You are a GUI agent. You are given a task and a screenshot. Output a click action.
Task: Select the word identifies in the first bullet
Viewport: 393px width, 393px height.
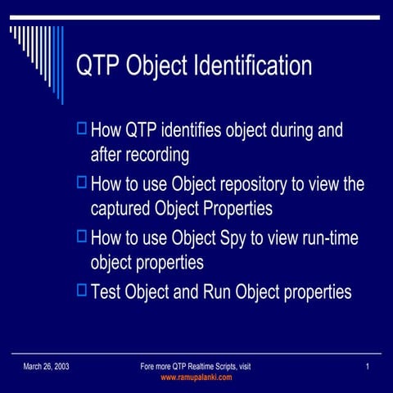pyautogui.click(x=195, y=130)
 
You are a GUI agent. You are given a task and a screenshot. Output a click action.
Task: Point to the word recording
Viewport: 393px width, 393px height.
pyautogui.click(x=154, y=155)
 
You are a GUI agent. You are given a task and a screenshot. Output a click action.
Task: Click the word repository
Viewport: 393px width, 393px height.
pyautogui.click(x=260, y=184)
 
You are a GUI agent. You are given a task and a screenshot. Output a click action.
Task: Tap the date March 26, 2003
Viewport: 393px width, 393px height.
pyautogui.click(x=46, y=366)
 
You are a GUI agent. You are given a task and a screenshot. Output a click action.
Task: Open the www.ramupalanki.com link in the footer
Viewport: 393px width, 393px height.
pyautogui.click(x=196, y=377)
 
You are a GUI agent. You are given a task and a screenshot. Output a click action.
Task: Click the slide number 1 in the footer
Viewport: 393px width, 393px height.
pyautogui.click(x=369, y=366)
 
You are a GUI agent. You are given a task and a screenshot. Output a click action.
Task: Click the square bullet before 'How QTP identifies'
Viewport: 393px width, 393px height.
pyautogui.click(x=80, y=128)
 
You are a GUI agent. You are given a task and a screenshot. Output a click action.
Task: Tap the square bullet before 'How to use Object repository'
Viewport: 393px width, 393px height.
pyautogui.click(x=80, y=182)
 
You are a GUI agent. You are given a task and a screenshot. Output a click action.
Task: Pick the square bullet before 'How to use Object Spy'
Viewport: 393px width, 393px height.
pyautogui.click(x=80, y=236)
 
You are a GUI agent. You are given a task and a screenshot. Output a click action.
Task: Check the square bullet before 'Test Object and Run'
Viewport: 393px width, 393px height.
pyautogui.click(x=80, y=289)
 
